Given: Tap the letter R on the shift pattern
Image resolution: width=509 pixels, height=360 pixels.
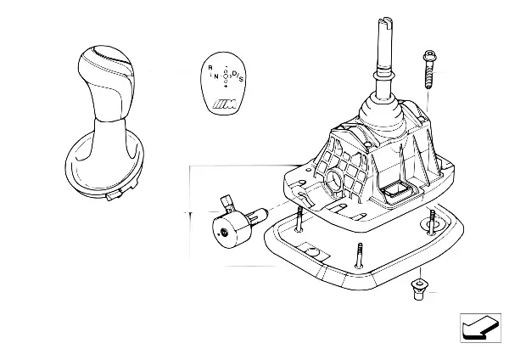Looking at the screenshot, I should (x=210, y=67).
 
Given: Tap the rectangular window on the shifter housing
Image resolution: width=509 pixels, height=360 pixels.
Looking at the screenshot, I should (x=394, y=192).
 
